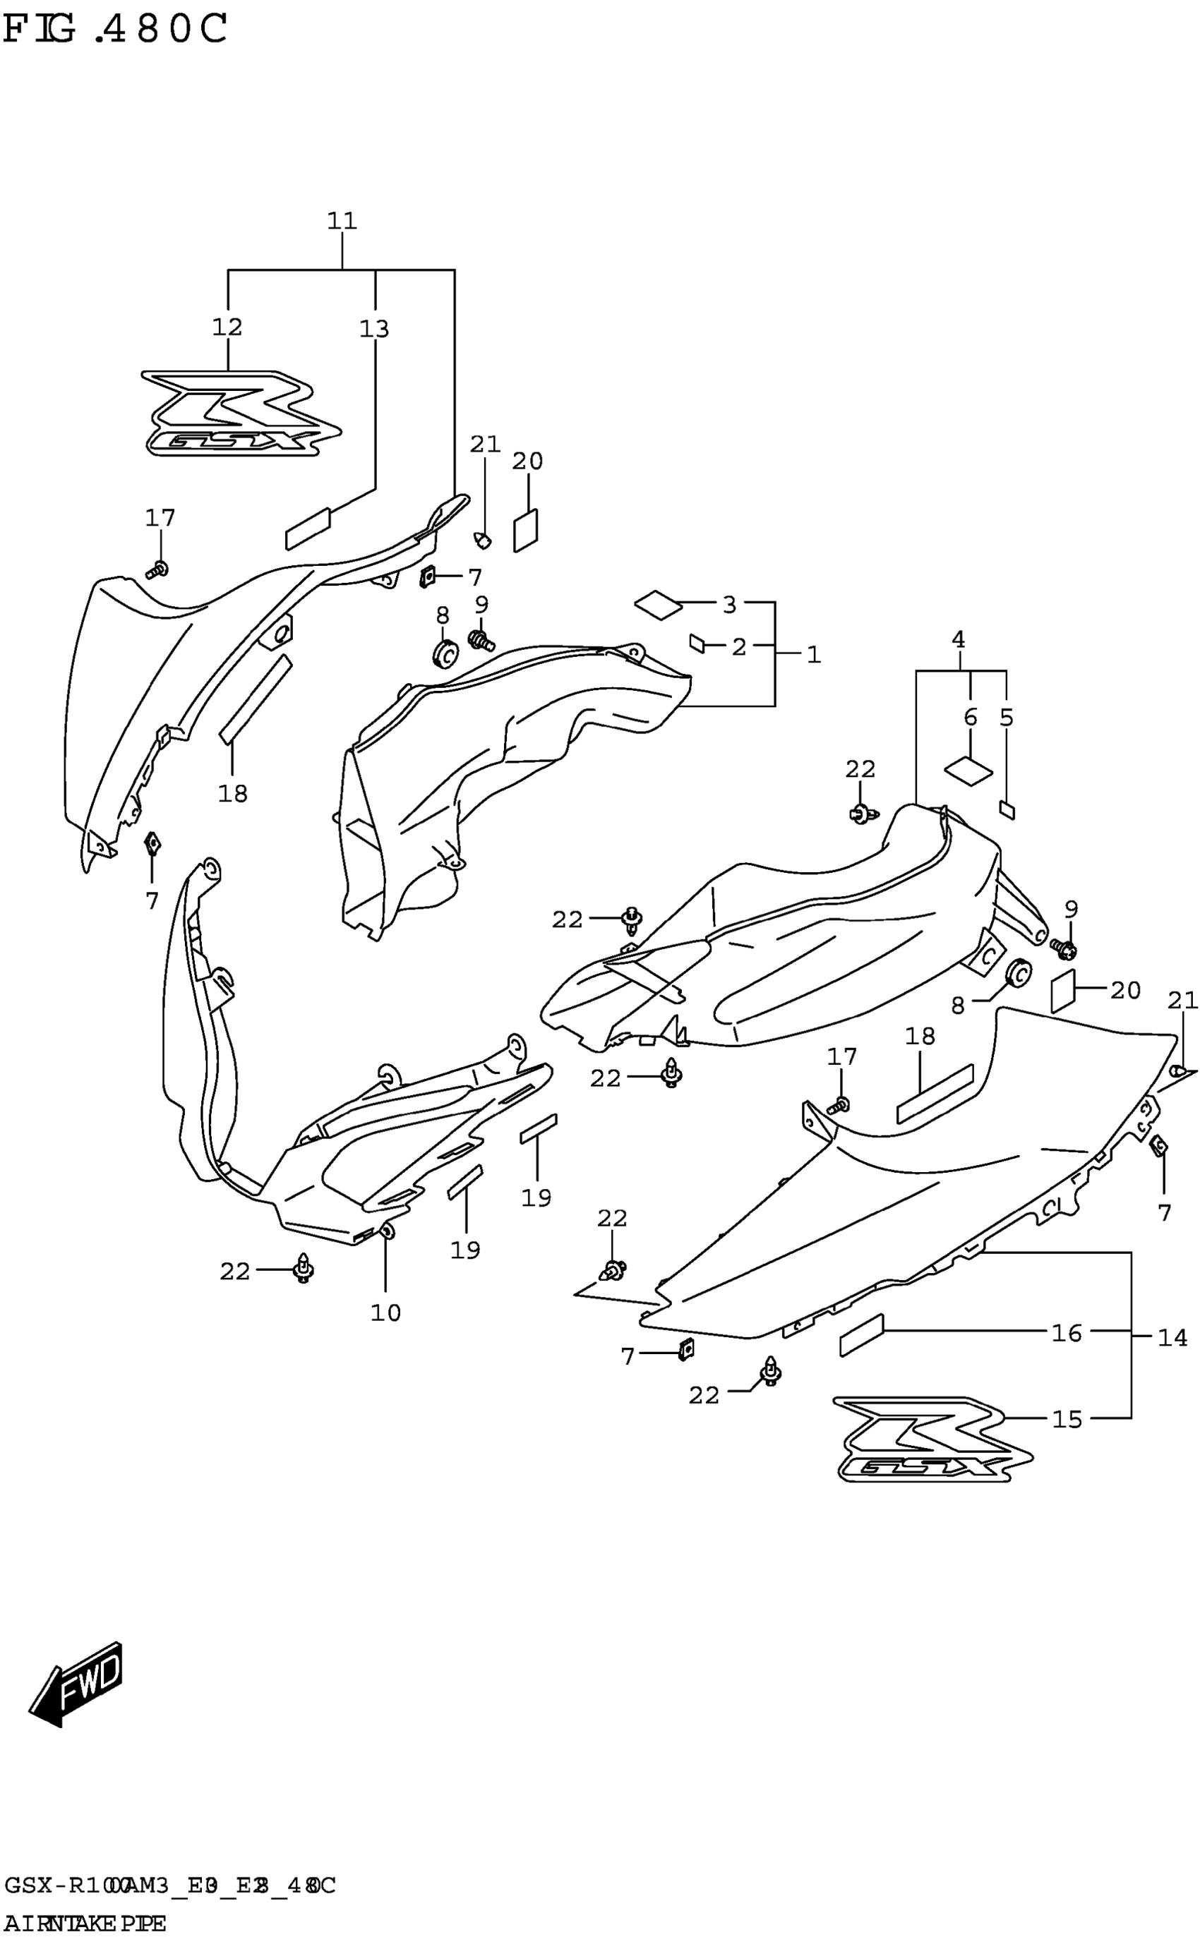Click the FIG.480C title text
(x=115, y=30)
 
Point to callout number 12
(x=227, y=327)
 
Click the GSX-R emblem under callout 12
(x=241, y=414)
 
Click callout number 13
(x=375, y=328)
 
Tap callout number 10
(x=385, y=1313)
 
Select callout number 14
(x=1172, y=1338)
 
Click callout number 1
(x=813, y=654)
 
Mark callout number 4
(x=958, y=639)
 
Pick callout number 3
(x=729, y=605)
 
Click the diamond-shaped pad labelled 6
(x=968, y=770)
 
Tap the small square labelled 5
(x=1007, y=809)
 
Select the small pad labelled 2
(x=697, y=644)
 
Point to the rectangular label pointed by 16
(x=861, y=1336)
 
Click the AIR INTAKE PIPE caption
(x=85, y=1923)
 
